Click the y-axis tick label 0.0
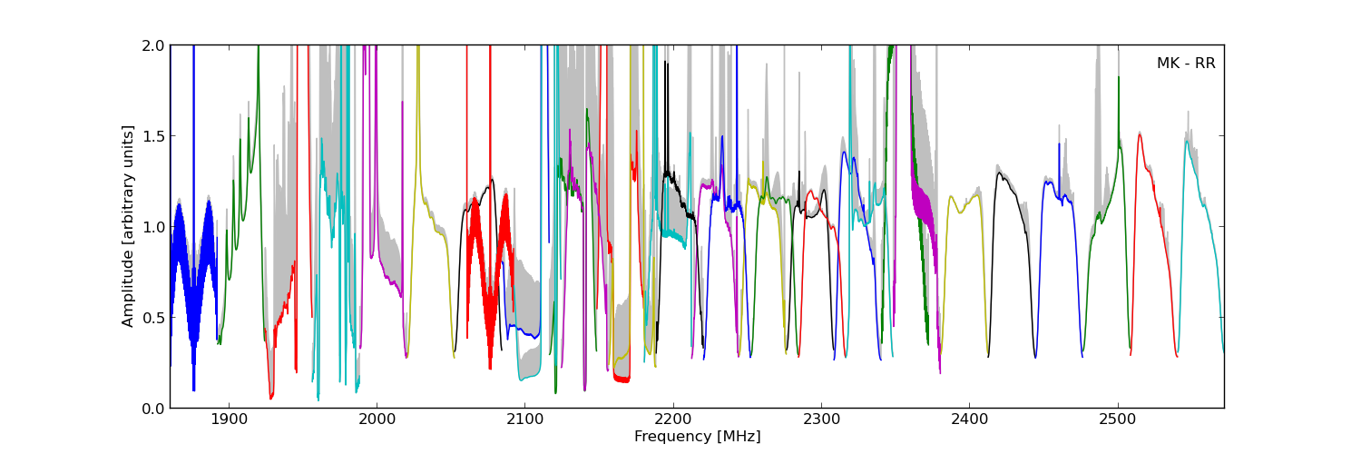click(x=152, y=408)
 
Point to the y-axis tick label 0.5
click(x=152, y=317)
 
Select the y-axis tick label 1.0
click(x=152, y=226)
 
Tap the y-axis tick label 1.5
click(x=152, y=135)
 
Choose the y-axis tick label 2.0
click(x=152, y=45)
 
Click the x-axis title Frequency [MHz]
click(x=697, y=437)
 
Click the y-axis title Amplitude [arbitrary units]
click(x=128, y=226)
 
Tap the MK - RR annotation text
click(x=1185, y=64)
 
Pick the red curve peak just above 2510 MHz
click(x=1140, y=135)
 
